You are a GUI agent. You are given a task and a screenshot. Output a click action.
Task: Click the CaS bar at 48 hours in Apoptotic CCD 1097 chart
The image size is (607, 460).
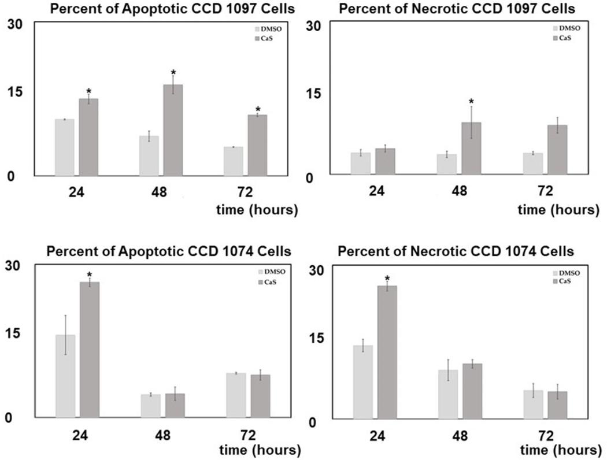coord(173,130)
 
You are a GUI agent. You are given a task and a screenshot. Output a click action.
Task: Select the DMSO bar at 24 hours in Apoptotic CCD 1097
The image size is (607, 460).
coord(65,147)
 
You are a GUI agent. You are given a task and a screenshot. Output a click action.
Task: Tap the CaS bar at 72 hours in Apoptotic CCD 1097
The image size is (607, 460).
coord(257,145)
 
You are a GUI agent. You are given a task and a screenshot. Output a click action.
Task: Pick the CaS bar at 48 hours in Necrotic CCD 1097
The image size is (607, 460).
coord(471,148)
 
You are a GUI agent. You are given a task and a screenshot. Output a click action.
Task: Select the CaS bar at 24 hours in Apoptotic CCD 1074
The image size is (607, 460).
coord(90,349)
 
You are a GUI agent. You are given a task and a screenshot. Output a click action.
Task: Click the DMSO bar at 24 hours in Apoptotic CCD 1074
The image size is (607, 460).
coord(65,376)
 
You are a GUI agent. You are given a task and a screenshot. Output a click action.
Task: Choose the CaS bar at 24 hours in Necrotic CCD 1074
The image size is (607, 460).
coord(387,352)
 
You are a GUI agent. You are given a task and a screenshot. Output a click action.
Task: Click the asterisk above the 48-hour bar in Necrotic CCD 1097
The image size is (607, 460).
coord(471,102)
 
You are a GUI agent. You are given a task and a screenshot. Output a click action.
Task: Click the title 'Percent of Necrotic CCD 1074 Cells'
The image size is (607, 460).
coord(456,251)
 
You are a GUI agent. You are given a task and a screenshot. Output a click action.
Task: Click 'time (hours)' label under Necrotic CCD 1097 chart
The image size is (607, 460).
coord(558,210)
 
